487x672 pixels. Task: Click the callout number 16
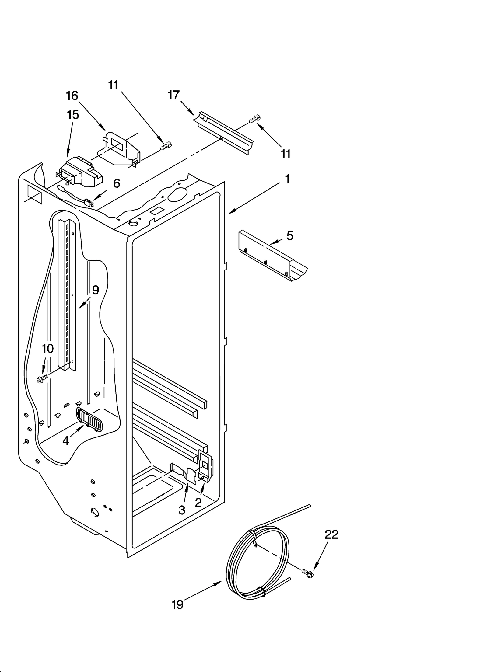[x=72, y=96]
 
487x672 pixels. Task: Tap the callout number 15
[x=73, y=115]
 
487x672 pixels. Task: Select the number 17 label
[x=174, y=95]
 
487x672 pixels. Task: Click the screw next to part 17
[x=255, y=119]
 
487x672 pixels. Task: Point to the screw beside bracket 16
[x=166, y=146]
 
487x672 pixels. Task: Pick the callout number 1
[x=287, y=179]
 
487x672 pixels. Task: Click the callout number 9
[x=96, y=290]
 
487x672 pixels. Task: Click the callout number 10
[x=48, y=349]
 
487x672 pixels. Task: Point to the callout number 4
[x=66, y=440]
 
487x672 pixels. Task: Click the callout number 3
[x=182, y=510]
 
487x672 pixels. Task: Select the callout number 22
[x=331, y=534]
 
